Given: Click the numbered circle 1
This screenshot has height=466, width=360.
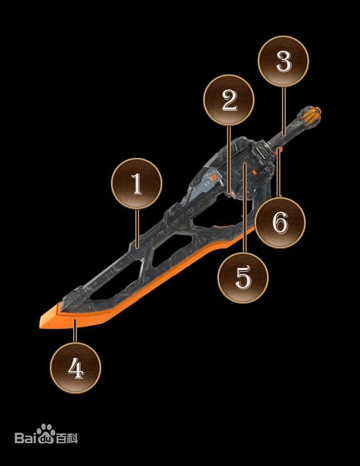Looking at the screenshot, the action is pyautogui.click(x=137, y=183).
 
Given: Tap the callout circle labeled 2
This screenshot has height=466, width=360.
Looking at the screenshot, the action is pyautogui.click(x=229, y=100).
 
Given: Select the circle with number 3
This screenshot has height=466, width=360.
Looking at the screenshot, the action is pyautogui.click(x=283, y=61).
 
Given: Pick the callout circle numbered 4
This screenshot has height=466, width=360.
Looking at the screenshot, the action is pyautogui.click(x=75, y=368).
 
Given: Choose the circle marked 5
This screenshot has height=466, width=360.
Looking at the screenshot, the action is pyautogui.click(x=243, y=277).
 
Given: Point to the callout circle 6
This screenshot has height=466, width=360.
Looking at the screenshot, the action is pyautogui.click(x=280, y=223).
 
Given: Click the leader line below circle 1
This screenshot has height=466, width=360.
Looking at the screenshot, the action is pyautogui.click(x=137, y=228).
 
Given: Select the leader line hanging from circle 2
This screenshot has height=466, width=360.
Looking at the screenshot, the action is pyautogui.click(x=228, y=160).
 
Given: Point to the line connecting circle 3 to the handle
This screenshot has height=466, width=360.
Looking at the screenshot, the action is pyautogui.click(x=283, y=111).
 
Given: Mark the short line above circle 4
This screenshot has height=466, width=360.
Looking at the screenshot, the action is pyautogui.click(x=75, y=331).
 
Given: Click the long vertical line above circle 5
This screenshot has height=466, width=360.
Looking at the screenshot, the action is pyautogui.click(x=244, y=208).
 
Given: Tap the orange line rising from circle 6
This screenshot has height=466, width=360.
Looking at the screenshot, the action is pyautogui.click(x=278, y=172).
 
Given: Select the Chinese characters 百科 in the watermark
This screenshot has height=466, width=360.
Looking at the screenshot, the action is pyautogui.click(x=67, y=438).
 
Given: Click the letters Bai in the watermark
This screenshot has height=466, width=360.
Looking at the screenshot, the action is pyautogui.click(x=25, y=438).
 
